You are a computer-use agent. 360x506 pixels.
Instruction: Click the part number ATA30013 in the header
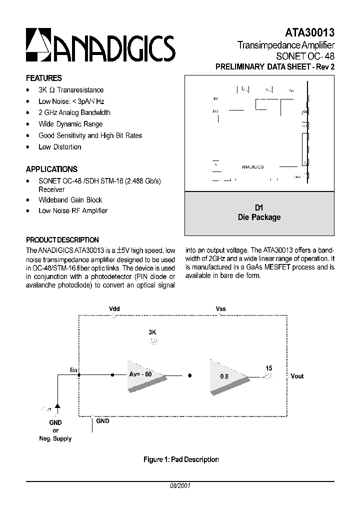pyautogui.click(x=310, y=33)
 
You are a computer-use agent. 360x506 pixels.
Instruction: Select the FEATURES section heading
pyautogui.click(x=44, y=78)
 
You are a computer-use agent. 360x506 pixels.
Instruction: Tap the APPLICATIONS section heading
pyautogui.click(x=51, y=169)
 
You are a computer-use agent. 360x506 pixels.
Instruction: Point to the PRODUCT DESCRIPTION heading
pyautogui.click(x=62, y=240)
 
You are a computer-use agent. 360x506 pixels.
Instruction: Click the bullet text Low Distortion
pyautogui.click(x=60, y=147)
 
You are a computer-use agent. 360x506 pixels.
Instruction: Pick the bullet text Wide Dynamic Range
pyautogui.click(x=70, y=124)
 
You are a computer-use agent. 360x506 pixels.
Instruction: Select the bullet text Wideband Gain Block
pyautogui.click(x=70, y=199)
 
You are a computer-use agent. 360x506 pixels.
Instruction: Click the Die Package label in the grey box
pyautogui.click(x=259, y=217)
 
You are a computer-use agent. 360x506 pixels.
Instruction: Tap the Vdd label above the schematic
pyautogui.click(x=114, y=309)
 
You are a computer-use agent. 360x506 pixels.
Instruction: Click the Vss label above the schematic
pyautogui.click(x=220, y=309)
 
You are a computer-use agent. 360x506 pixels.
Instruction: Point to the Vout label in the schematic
pyautogui.click(x=297, y=376)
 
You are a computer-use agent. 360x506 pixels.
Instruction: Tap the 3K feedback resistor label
pyautogui.click(x=153, y=332)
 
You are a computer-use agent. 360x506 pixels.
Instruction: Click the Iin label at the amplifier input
pyautogui.click(x=73, y=369)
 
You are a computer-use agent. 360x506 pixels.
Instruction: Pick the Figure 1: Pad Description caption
pyautogui.click(x=180, y=459)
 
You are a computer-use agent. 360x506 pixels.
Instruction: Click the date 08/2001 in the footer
pyautogui.click(x=180, y=485)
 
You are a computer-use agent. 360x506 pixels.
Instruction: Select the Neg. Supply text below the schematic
pyautogui.click(x=55, y=438)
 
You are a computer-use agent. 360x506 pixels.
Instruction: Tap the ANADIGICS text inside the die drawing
pyautogui.click(x=252, y=167)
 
